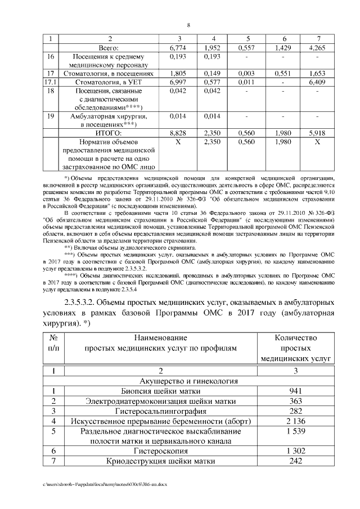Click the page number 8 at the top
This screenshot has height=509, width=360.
(x=188, y=25)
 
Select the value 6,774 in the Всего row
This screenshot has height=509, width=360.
(x=178, y=48)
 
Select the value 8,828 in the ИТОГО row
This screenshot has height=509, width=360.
(x=178, y=133)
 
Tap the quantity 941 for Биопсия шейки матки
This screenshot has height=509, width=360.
(x=295, y=391)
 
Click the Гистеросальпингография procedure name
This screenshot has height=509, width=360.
(x=161, y=411)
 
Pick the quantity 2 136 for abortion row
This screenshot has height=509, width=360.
(x=295, y=421)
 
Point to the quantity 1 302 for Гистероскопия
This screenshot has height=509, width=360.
(x=295, y=451)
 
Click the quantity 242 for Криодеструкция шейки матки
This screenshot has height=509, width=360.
(x=295, y=461)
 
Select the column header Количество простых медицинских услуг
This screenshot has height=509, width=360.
(x=295, y=348)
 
